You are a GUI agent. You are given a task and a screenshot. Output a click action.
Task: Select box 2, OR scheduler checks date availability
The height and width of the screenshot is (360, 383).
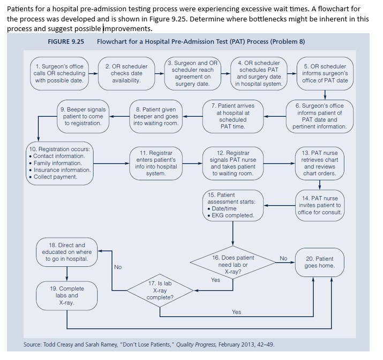[126, 73]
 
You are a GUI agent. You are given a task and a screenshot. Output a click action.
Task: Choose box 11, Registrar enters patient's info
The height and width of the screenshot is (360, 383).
[156, 163]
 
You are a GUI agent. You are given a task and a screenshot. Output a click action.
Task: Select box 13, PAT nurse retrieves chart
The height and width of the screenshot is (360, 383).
[319, 163]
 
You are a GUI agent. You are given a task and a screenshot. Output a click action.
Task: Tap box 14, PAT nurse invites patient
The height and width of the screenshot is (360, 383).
[319, 205]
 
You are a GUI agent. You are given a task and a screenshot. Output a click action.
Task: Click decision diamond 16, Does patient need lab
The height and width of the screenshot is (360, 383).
[233, 264]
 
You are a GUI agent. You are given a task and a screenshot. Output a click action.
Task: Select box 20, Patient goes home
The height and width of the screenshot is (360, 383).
[319, 262]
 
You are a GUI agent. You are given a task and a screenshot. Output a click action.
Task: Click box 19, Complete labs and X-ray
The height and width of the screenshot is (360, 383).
[67, 295]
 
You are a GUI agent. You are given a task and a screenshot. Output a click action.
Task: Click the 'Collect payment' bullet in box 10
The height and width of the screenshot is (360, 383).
[55, 177]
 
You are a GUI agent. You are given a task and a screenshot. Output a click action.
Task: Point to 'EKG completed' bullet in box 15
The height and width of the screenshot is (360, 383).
[234, 215]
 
